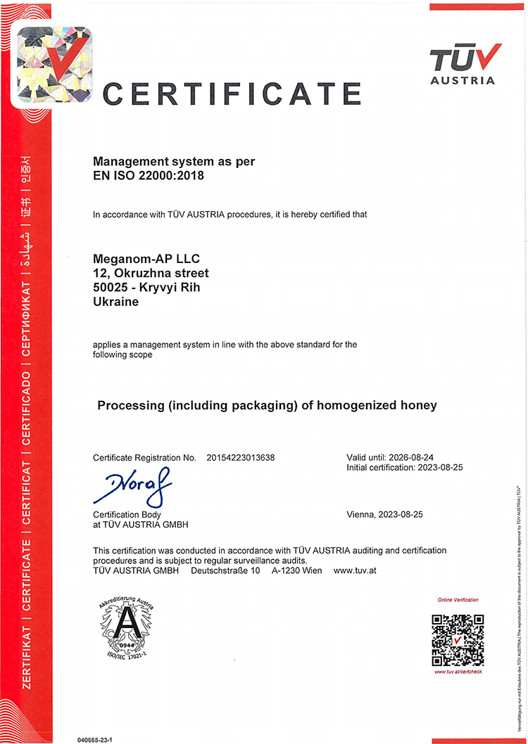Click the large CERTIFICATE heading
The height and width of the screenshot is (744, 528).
(232, 94)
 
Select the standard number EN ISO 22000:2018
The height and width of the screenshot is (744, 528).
(149, 176)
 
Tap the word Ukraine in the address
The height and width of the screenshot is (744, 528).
(115, 302)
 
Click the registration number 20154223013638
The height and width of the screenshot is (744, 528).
(241, 458)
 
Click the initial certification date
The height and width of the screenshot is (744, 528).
(438, 468)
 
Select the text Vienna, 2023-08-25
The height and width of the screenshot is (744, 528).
(385, 515)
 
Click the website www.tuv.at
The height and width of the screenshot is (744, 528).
(355, 570)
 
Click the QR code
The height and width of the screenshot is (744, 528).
(458, 640)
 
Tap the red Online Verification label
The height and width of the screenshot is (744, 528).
(458, 600)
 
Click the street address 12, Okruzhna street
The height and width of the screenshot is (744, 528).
(151, 273)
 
